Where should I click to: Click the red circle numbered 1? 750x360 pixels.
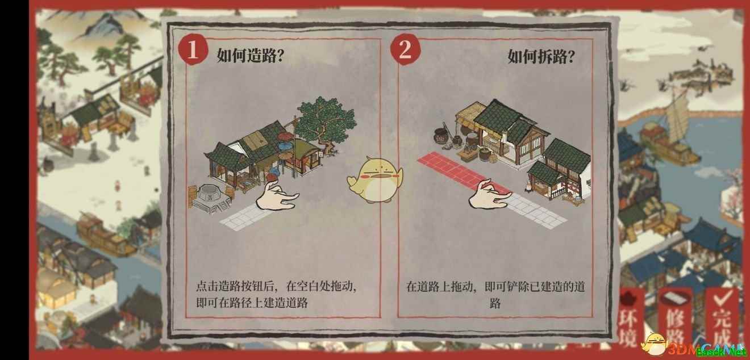[192, 50]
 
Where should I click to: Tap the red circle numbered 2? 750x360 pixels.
[405, 49]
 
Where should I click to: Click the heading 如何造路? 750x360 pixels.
[251, 56]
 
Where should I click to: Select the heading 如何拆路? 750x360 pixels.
[541, 56]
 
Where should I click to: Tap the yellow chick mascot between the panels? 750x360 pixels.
[376, 180]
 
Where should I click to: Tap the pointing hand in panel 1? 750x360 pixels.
[277, 196]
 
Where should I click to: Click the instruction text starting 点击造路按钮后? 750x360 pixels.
[276, 295]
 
